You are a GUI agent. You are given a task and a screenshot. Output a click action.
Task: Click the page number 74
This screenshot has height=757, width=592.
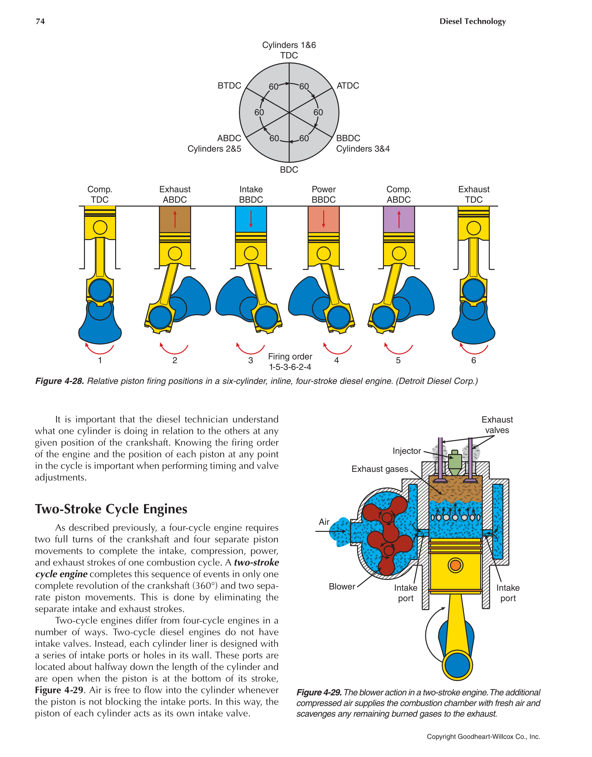pos(40,22)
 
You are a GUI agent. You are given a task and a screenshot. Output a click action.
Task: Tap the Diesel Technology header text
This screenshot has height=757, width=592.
pos(473,22)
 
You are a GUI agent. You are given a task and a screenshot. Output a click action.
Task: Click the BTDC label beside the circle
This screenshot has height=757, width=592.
pos(229,86)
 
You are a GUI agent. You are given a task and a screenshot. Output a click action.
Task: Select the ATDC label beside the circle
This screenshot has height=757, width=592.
pos(348,86)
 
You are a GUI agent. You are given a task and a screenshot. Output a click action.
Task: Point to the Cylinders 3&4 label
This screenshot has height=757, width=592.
pos(363,149)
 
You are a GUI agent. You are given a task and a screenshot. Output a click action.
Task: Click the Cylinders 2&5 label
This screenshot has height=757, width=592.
pos(214,149)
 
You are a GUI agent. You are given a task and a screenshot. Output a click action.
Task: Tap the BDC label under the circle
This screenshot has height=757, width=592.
pos(289,169)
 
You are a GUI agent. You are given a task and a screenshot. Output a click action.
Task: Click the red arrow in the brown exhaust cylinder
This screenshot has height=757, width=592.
pos(175,219)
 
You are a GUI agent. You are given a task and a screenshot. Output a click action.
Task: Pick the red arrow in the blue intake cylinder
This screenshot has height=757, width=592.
pos(251,219)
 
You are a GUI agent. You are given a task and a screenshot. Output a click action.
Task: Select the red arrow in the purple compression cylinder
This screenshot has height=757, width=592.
pos(399,219)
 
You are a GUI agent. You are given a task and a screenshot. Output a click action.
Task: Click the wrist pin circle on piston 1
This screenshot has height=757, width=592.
pos(100,227)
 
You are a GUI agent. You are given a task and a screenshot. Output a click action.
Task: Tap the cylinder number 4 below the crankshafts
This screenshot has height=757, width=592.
pos(336,360)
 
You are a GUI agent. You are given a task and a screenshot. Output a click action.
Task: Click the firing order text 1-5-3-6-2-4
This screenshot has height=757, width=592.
pos(290,367)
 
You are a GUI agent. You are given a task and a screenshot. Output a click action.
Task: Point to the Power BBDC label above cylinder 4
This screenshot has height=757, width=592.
pos(324,194)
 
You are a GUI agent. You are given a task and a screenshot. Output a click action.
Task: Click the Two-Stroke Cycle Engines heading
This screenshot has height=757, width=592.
pos(111,509)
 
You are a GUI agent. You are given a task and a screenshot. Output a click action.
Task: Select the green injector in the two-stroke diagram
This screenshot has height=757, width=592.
pos(455,462)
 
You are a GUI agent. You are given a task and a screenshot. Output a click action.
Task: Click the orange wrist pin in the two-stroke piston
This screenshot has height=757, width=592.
pos(455,565)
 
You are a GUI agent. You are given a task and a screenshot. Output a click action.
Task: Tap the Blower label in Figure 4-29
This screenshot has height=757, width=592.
pos(342,587)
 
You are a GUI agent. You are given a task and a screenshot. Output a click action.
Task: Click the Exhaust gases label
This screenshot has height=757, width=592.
pos(380,469)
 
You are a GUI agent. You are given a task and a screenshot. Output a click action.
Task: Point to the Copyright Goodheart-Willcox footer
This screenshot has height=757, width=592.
pos(483,736)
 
